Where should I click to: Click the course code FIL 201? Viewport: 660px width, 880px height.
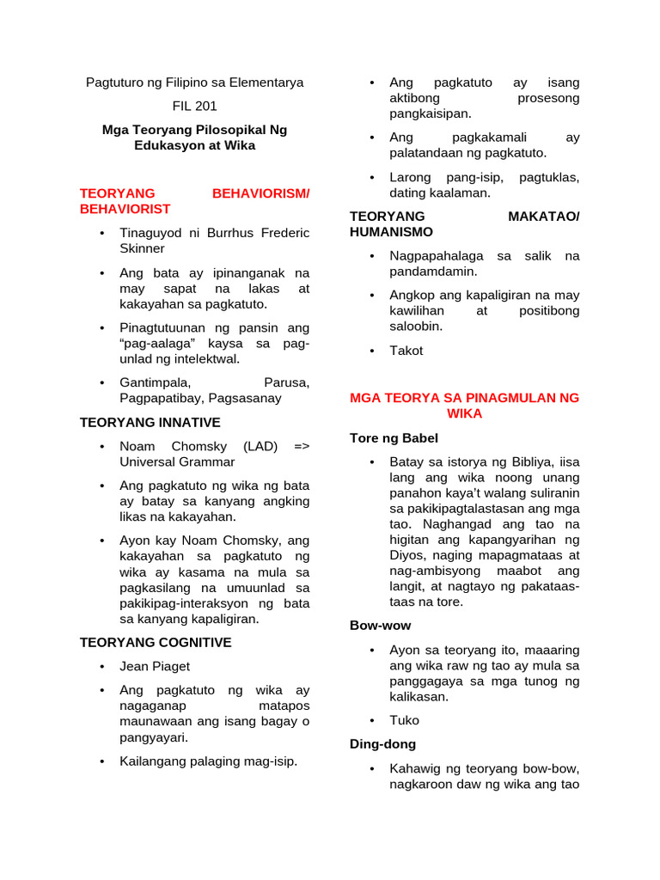(x=194, y=107)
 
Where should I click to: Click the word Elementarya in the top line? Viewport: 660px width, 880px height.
(x=266, y=83)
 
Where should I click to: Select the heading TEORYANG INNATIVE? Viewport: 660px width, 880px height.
(x=150, y=422)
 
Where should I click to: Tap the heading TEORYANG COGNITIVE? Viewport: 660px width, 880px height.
(x=156, y=642)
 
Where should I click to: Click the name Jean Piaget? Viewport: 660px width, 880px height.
(x=155, y=666)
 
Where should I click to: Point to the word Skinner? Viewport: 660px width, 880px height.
(x=142, y=248)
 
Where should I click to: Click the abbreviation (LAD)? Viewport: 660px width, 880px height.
(x=260, y=446)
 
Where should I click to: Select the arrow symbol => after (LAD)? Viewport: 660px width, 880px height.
(x=301, y=446)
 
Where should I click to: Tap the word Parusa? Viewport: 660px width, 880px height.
(x=286, y=382)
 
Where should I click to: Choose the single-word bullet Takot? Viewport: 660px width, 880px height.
(x=406, y=351)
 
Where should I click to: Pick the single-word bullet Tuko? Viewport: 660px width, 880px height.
(x=405, y=720)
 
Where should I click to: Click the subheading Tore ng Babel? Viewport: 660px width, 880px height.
(x=394, y=438)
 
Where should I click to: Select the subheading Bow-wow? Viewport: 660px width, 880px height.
(x=380, y=626)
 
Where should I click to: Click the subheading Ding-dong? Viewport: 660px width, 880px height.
(x=382, y=744)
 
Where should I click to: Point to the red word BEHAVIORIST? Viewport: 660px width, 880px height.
(x=125, y=209)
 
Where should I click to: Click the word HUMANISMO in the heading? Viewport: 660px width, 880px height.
(x=391, y=232)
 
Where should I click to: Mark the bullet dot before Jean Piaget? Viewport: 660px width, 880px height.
(x=102, y=666)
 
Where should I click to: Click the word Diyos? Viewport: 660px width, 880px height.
(x=407, y=555)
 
